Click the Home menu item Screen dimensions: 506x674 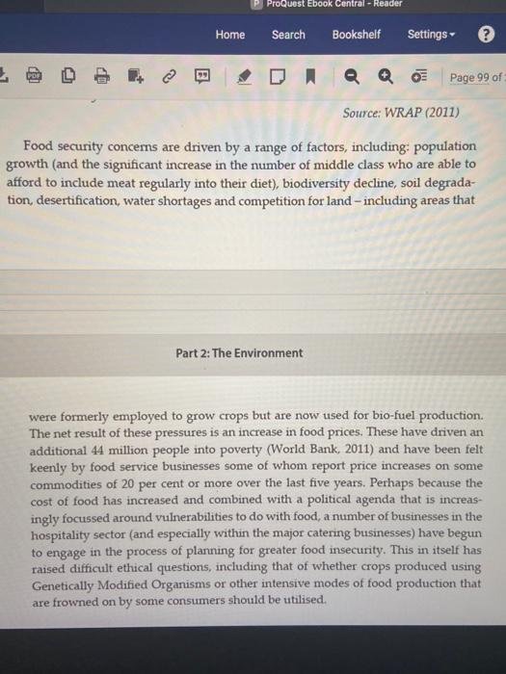(x=230, y=35)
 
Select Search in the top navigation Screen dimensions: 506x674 (x=288, y=35)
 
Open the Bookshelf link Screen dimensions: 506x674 (x=356, y=35)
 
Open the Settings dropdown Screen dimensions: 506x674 (x=430, y=35)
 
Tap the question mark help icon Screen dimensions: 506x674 (x=486, y=35)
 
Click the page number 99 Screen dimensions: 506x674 (x=481, y=77)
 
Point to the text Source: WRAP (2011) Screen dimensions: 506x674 (x=401, y=113)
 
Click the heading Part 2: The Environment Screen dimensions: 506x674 (x=239, y=352)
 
